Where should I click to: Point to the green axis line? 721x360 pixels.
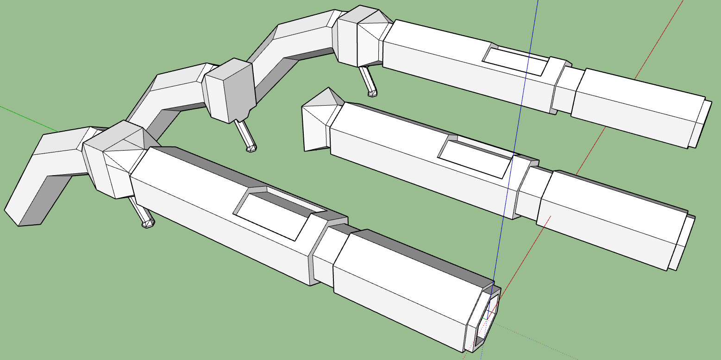coord(28,118)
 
